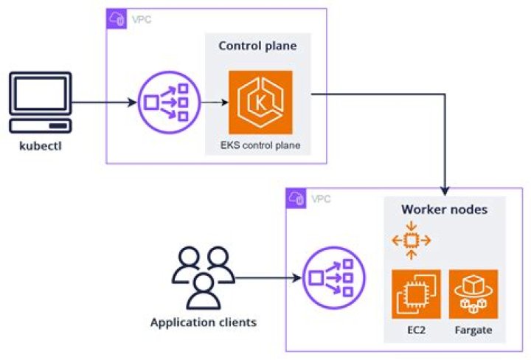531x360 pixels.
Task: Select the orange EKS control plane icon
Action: coord(260,101)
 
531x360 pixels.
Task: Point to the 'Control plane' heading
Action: coord(257,46)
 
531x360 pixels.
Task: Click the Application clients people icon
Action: coord(198,278)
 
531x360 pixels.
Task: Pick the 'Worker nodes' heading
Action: coord(444,210)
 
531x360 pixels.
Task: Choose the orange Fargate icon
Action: coord(473,294)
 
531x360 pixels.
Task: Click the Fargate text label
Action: coord(473,330)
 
